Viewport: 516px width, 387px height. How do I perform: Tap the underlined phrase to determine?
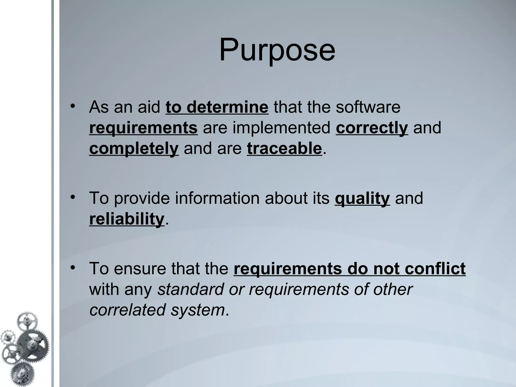pos(217,107)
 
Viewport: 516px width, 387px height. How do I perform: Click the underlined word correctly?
pos(372,128)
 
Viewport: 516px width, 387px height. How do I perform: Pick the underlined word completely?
pos(134,148)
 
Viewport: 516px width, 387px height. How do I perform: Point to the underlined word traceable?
pos(284,148)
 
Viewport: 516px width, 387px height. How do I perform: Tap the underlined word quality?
pos(362,198)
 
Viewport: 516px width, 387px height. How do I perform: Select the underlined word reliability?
pos(127,219)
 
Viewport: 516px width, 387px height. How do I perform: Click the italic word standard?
pos(190,289)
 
